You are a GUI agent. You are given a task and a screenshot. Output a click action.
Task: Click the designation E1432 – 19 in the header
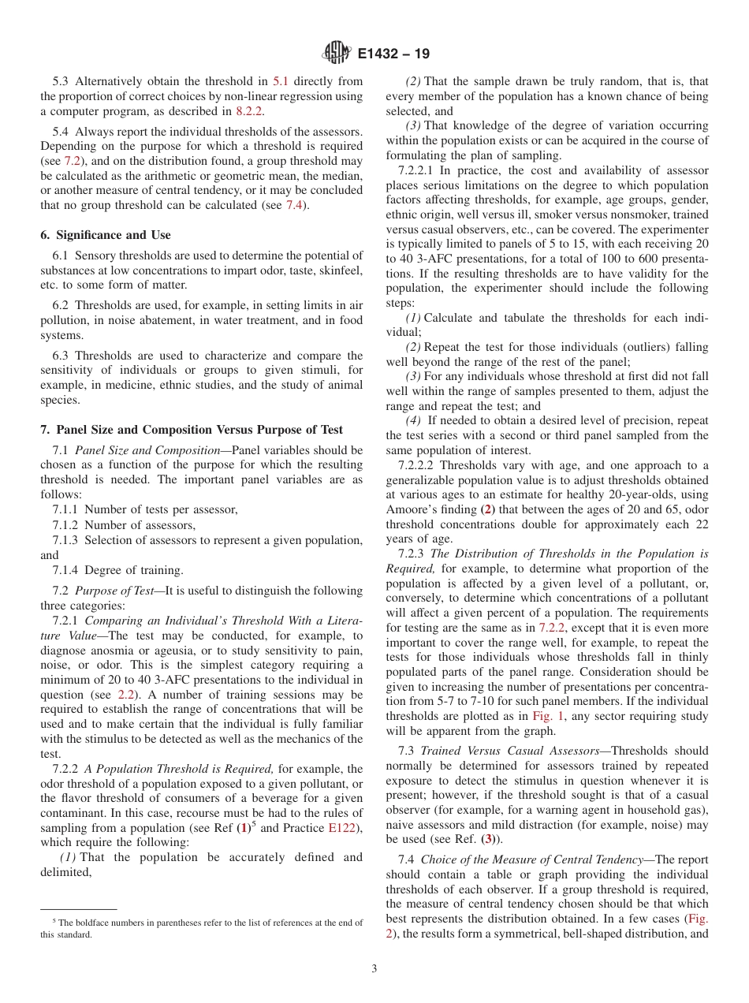tap(393, 54)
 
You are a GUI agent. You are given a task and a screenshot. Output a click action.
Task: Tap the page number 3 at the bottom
tap(374, 969)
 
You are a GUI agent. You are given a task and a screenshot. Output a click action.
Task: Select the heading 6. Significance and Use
tap(106, 235)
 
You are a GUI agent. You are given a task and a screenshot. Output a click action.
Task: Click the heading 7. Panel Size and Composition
tap(192, 430)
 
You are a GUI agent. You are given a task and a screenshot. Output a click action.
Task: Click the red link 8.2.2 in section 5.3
tap(250, 111)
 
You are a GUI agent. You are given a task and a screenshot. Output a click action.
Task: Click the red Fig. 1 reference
tap(545, 716)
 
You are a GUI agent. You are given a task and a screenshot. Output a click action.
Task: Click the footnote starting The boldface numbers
tap(201, 928)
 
